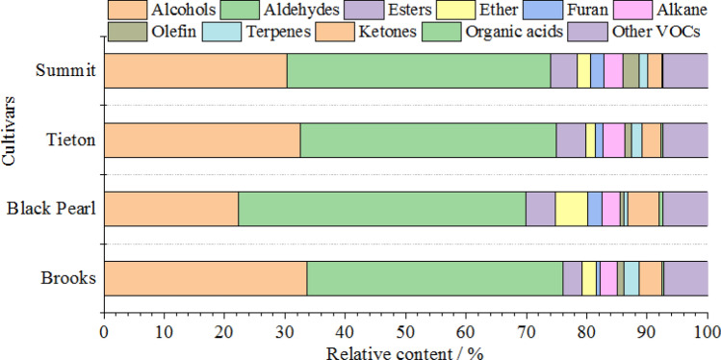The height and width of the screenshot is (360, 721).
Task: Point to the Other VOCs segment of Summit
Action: click(684, 71)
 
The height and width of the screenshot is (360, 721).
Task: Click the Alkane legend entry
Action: click(664, 11)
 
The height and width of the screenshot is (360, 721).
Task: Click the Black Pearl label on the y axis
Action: click(50, 209)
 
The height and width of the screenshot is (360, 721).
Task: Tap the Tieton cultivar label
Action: click(70, 140)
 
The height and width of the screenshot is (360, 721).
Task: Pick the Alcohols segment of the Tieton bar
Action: click(202, 140)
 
